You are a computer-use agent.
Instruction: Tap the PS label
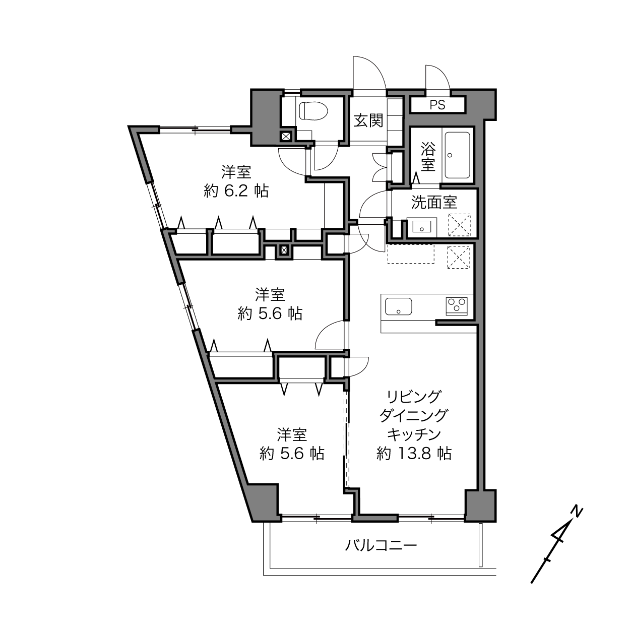click(437, 105)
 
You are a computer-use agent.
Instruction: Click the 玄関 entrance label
click(368, 120)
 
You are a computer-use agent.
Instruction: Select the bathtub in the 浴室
click(457, 155)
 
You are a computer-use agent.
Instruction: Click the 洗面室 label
click(434, 202)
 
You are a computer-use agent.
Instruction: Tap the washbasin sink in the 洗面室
click(421, 226)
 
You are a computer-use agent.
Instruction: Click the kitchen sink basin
click(398, 306)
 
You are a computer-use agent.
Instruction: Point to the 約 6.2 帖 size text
click(236, 191)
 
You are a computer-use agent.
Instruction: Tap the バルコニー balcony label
click(381, 545)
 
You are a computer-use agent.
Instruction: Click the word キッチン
click(414, 435)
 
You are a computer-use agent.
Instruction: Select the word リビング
click(414, 397)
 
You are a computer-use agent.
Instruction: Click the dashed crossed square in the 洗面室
click(459, 225)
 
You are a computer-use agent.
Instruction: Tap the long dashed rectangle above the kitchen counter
click(411, 254)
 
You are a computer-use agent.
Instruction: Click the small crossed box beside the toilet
click(286, 136)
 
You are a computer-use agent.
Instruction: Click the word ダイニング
click(414, 416)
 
